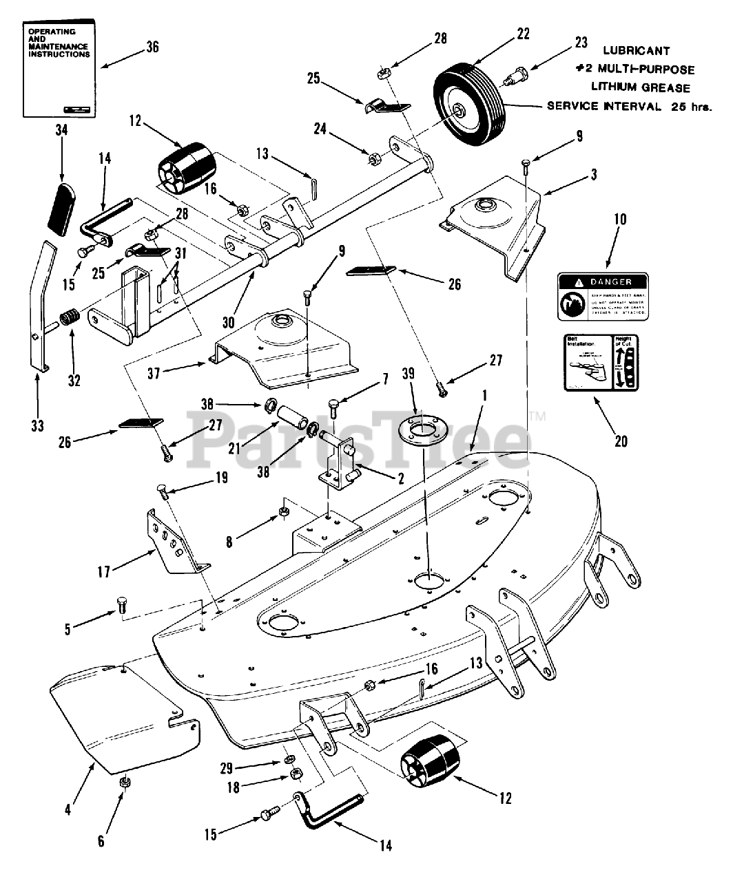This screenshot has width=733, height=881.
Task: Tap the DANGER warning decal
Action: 603,295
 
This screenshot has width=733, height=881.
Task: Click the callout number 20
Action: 621,440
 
